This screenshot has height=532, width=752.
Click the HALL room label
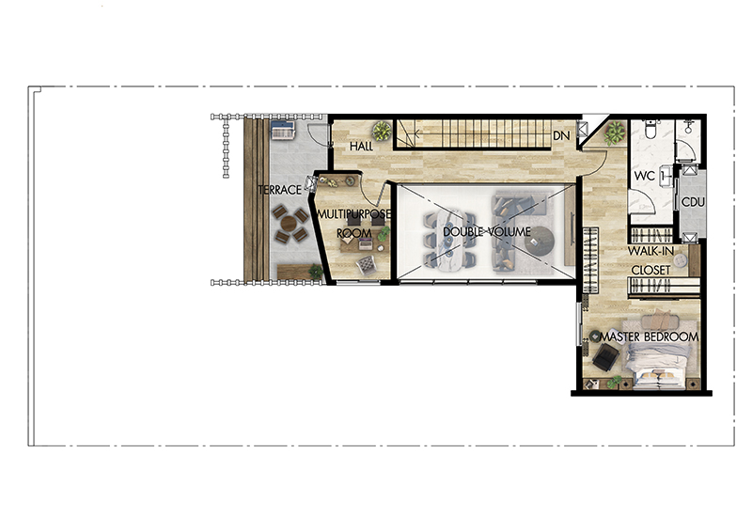361,146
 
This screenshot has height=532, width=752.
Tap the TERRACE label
279,190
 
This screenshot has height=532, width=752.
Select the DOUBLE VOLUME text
487,232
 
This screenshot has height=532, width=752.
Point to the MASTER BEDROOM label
650,336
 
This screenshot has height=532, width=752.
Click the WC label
644,176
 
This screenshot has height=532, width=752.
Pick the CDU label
693,202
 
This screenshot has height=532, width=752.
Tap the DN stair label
561,135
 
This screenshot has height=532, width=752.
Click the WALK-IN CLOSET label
650,260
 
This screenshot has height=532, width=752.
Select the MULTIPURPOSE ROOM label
354,224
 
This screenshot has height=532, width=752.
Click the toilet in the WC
650,129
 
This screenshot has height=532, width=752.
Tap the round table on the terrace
289,224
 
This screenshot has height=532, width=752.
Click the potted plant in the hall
382,131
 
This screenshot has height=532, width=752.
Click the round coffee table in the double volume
539,240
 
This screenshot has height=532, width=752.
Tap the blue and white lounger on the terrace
283,130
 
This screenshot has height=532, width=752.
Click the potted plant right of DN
615,133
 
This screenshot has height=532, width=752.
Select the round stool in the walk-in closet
680,260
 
